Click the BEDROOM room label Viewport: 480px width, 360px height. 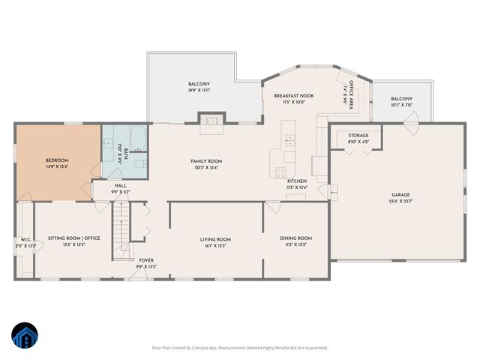click(x=57, y=160)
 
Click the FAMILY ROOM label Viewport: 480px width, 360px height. click(x=205, y=161)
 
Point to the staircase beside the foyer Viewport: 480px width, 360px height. click(x=121, y=229)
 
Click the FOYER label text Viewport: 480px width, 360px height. click(x=146, y=260)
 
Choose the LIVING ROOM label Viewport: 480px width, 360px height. click(x=215, y=239)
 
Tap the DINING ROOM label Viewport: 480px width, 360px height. click(x=295, y=239)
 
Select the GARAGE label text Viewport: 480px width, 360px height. click(x=399, y=194)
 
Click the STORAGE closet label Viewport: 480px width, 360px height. click(x=358, y=136)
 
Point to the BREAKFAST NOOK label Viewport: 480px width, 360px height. click(x=289, y=96)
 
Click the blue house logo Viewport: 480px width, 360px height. click(x=25, y=337)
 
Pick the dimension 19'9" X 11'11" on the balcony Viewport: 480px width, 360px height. click(x=199, y=90)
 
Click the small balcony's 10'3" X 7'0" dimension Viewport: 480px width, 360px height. click(x=402, y=105)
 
